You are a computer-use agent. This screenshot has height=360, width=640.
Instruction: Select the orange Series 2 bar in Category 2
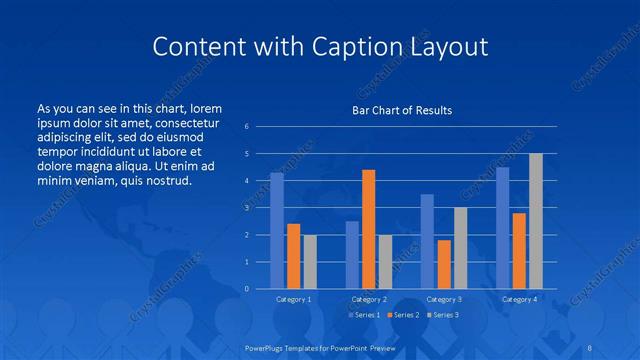[368, 229]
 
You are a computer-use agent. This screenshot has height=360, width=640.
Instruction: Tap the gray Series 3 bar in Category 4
[535, 221]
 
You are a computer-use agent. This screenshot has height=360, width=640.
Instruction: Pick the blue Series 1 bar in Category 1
[277, 231]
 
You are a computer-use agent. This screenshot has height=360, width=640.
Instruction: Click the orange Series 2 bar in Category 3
[444, 264]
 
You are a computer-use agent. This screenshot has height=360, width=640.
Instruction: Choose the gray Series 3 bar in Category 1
[310, 262]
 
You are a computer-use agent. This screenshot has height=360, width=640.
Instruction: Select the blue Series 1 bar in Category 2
[352, 255]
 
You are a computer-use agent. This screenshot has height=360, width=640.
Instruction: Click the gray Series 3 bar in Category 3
[460, 248]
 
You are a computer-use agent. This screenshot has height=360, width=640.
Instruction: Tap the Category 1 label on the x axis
[293, 299]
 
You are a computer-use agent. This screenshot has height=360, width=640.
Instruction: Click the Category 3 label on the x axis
[444, 299]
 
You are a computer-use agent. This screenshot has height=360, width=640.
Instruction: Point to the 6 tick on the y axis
[246, 127]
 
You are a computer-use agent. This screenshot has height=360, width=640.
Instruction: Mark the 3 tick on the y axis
[246, 208]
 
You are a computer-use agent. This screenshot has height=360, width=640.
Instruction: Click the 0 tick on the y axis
[246, 289]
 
